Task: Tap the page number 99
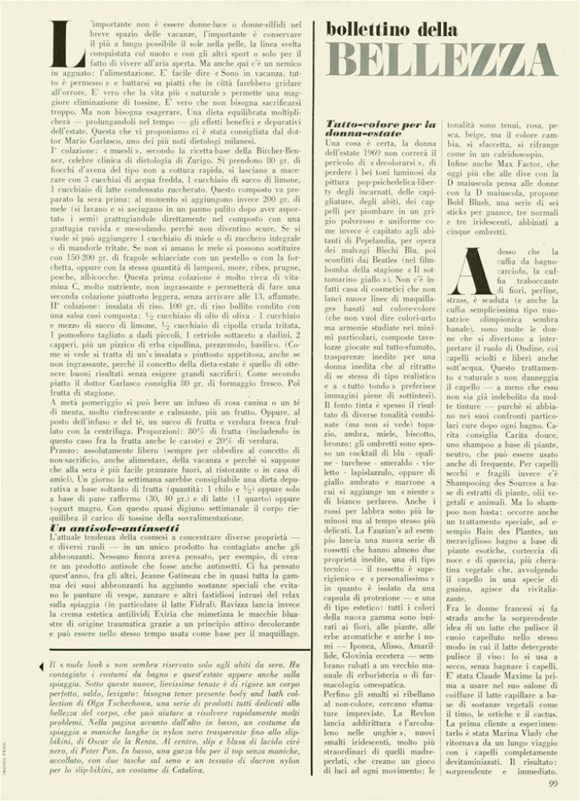(x=553, y=782)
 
